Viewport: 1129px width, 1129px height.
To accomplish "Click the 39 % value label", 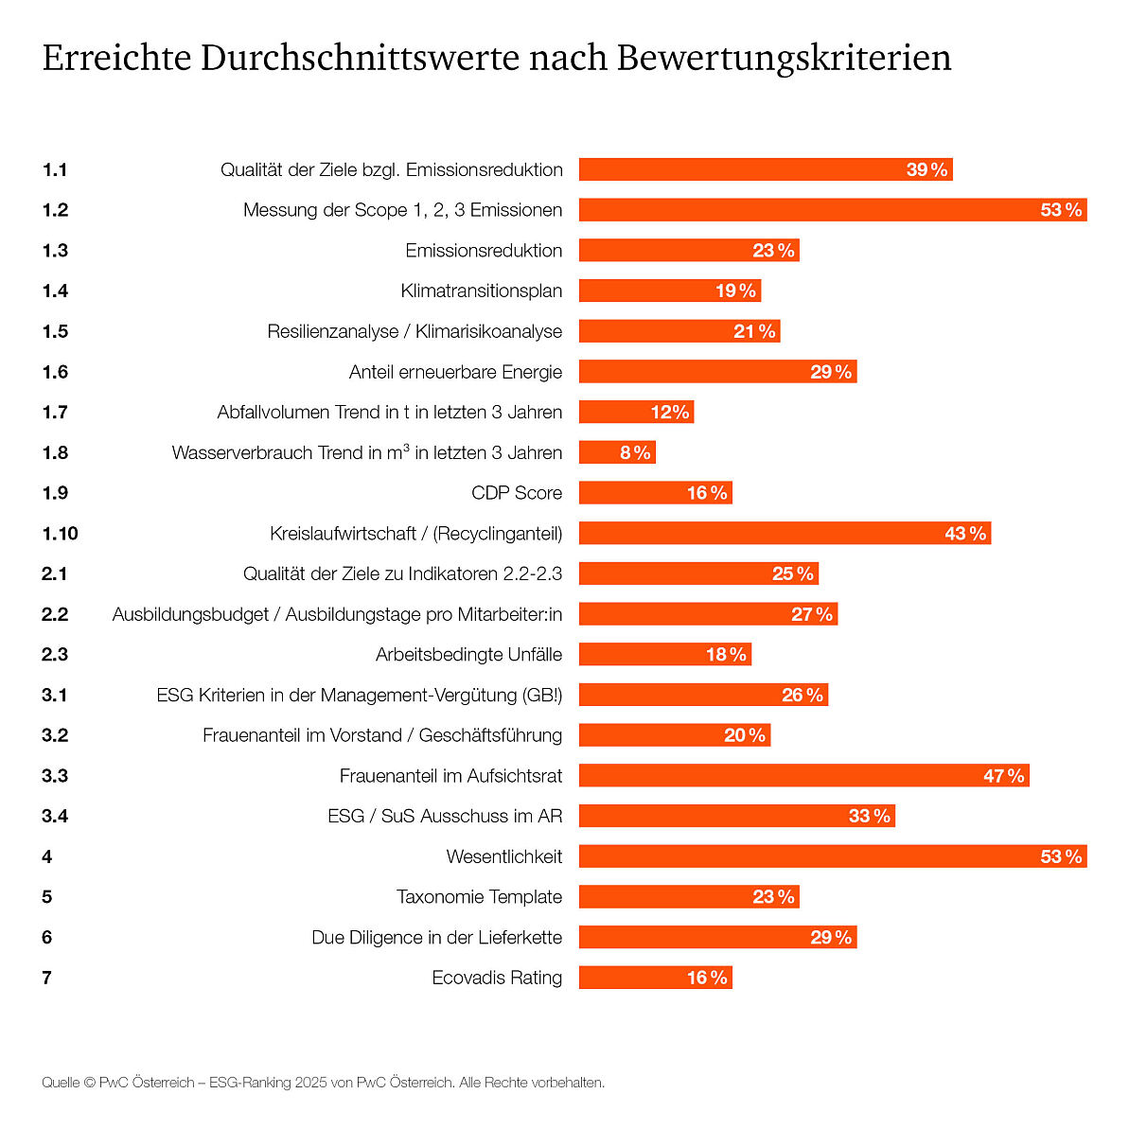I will (x=926, y=170).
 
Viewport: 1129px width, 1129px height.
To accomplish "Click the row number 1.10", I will (x=60, y=534).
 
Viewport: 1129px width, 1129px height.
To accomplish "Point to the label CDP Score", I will (x=516, y=493).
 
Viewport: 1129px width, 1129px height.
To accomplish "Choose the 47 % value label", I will (x=1003, y=776).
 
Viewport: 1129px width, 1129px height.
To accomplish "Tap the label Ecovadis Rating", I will (x=497, y=978).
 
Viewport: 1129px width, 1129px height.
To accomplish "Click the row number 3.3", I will (x=55, y=776).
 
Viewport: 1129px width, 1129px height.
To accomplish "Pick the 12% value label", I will (x=669, y=413).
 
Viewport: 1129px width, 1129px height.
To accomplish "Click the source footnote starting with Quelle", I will (x=323, y=1082).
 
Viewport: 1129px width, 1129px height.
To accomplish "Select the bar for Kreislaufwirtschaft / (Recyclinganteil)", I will (x=757, y=534).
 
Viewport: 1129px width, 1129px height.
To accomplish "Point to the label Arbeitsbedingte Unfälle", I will (x=468, y=655).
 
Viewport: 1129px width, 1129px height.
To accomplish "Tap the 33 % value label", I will (x=869, y=817).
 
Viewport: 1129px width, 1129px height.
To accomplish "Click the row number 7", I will (x=46, y=978).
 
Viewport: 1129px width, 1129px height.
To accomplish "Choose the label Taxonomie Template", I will (x=479, y=897).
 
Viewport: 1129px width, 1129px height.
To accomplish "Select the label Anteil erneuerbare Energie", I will (x=455, y=372).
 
